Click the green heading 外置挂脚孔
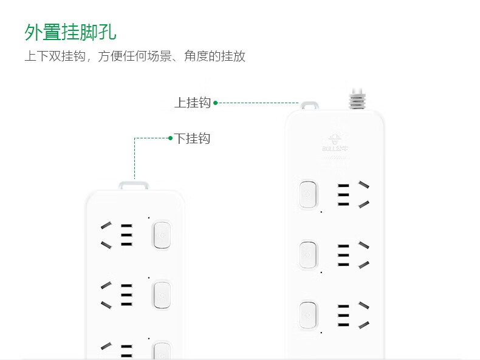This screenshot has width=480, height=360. coord(70,32)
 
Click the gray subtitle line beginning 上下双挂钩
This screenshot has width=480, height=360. coord(135,56)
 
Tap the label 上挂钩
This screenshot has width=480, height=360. coord(192,103)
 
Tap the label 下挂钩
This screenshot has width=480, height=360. coord(192,138)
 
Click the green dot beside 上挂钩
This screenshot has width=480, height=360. coord(215,103)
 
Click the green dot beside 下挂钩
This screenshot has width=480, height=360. coord(171,138)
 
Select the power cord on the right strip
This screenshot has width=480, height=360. coord(357,99)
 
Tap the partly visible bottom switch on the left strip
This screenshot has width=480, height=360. coord(162,351)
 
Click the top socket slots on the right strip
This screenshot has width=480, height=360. coord(352,194)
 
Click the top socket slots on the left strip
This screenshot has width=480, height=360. coord(117,235)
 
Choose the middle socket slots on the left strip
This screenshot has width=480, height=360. coord(117,294)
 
